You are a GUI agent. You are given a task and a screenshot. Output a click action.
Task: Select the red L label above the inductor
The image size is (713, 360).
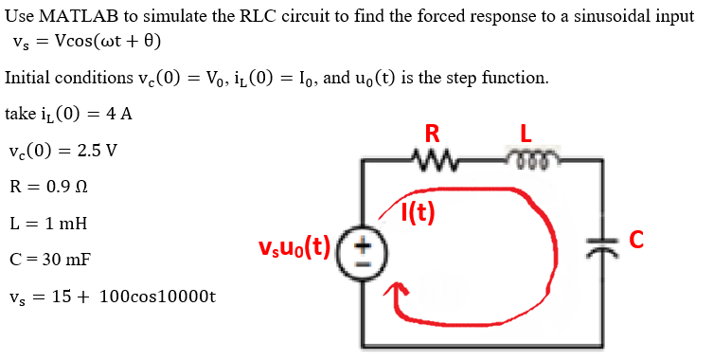526,131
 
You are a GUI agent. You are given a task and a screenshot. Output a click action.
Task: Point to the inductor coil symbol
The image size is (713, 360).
526,157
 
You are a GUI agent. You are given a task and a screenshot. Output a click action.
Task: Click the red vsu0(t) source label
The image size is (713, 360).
294,248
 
